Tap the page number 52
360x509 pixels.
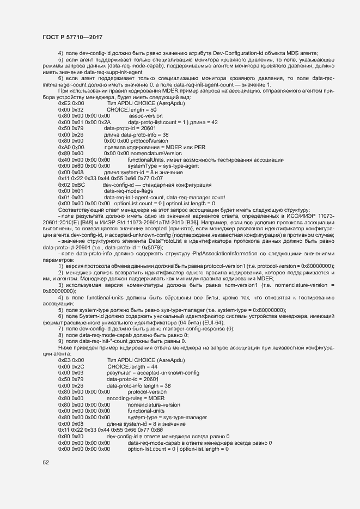point(46,463)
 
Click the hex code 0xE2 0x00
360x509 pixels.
point(71,102)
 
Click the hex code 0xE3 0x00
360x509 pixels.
point(71,360)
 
